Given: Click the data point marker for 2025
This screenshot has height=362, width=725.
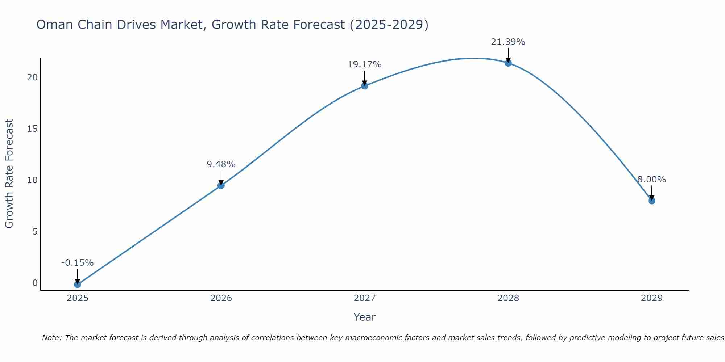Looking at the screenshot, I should coord(77,285).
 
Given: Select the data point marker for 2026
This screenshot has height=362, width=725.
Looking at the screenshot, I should coord(221,185).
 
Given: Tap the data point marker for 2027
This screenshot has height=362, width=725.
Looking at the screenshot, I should coord(365,86).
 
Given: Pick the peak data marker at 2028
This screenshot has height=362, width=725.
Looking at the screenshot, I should coord(508,63).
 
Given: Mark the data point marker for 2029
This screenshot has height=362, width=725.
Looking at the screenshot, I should coord(652,201).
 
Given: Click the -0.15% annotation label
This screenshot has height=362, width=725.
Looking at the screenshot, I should coord(77,263).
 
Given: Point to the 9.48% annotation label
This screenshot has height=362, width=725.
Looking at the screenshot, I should coord(221,164).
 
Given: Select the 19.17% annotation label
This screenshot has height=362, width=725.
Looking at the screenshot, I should coord(365,64).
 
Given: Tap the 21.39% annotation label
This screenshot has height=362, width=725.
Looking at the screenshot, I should coord(508,42).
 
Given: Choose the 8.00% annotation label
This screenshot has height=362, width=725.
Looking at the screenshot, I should coord(652,180).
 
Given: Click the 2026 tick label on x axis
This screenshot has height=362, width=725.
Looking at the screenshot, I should coord(221,298).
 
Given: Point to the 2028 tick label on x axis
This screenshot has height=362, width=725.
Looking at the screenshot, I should coord(508,298).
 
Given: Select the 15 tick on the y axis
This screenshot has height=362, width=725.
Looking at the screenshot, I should coord(32,129).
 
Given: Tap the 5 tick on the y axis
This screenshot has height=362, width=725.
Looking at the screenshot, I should coord(35,232).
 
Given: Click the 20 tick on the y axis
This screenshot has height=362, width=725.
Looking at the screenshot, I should coord(32,77).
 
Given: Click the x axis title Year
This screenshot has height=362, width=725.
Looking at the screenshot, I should coord(365,317).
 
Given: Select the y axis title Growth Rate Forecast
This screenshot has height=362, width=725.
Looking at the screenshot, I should coord(9,174).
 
